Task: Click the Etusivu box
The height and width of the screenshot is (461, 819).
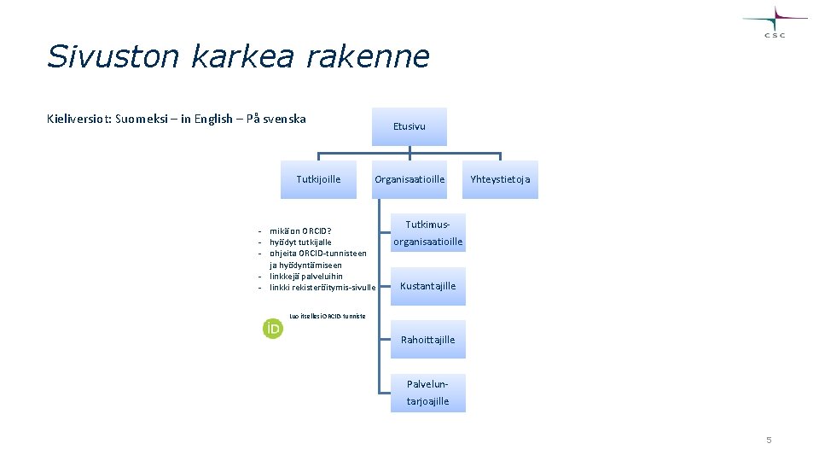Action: point(409,126)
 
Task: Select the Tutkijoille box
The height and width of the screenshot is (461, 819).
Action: point(318,179)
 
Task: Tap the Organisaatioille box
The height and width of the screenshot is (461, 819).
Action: point(409,179)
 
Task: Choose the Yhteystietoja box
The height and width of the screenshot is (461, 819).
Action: point(501,179)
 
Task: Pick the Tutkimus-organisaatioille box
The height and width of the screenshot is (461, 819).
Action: point(428,233)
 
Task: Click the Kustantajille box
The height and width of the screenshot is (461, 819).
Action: point(428,286)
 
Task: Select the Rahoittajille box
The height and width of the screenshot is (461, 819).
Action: point(428,340)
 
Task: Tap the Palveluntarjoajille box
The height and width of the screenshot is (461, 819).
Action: point(428,393)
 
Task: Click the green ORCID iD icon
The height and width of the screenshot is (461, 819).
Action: point(272,328)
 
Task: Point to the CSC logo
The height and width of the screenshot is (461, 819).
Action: point(775,21)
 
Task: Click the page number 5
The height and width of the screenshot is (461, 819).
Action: point(769,441)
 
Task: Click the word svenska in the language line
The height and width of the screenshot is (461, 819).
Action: point(284,119)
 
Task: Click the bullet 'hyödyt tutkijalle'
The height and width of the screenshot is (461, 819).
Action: point(300,242)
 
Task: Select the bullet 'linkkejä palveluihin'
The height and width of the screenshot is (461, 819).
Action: point(306,276)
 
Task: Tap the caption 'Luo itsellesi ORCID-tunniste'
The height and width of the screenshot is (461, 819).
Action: point(328,316)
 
